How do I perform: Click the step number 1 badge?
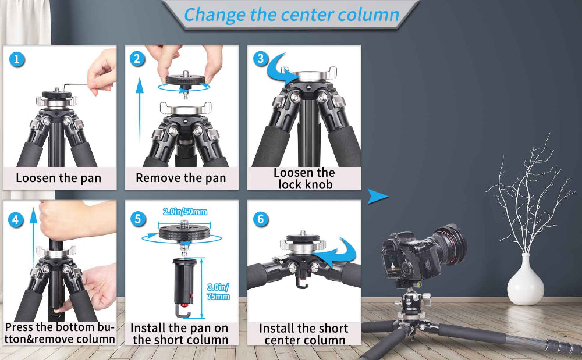(17, 59)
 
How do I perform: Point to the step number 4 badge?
(17, 219)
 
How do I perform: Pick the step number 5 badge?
(138, 219)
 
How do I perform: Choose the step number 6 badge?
(261, 219)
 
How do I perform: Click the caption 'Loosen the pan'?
(58, 178)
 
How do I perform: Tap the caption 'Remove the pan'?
(180, 178)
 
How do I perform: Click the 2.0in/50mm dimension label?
(184, 212)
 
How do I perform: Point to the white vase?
(525, 281)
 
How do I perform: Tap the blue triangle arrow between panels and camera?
(378, 197)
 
